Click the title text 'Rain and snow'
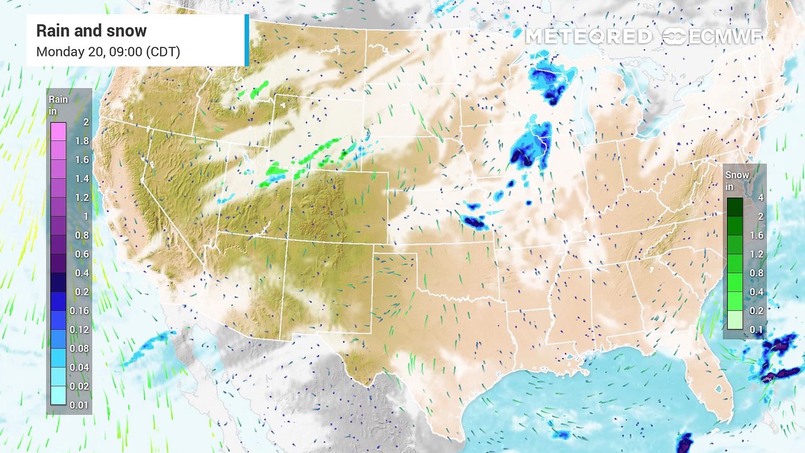coord(91,31)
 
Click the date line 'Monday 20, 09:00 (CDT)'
coord(108,52)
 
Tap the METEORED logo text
coord(589,36)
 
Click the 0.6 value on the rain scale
coord(82,254)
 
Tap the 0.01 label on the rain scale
coord(80,405)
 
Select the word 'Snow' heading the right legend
coord(737,175)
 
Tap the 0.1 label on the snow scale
coord(756,329)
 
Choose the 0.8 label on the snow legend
coord(756,273)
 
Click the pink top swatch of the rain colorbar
coord(58,131)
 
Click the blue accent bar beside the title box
coord(247,40)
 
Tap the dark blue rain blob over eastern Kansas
coord(473,221)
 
